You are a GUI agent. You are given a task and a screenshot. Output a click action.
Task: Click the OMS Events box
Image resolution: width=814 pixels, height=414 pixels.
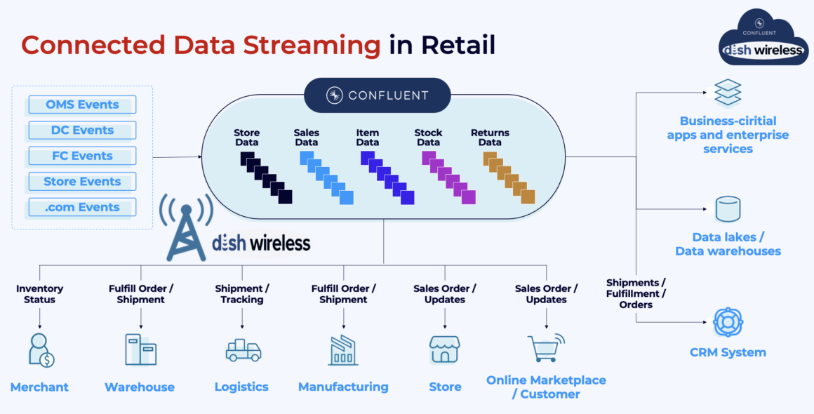click(x=82, y=105)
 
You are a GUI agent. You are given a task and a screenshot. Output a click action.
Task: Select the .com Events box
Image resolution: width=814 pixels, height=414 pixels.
click(x=82, y=207)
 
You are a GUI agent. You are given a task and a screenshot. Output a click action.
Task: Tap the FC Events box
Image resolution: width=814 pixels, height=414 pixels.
click(x=82, y=156)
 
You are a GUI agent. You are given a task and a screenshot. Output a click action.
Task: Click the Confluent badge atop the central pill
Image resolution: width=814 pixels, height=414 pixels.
click(x=377, y=95)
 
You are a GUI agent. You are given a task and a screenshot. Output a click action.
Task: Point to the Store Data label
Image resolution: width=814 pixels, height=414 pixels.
click(x=246, y=138)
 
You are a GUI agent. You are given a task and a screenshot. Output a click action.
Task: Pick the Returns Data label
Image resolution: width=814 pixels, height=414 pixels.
click(x=490, y=138)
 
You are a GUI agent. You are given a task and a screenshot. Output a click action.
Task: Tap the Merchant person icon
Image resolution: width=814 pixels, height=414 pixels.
click(x=41, y=350)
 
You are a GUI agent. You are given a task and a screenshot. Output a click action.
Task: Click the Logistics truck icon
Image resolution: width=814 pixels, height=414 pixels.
click(x=243, y=349)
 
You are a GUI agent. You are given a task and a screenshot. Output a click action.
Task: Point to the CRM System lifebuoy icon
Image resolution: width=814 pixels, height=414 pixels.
click(x=728, y=323)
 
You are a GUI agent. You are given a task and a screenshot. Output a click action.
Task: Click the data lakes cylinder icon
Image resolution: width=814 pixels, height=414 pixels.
click(x=728, y=209)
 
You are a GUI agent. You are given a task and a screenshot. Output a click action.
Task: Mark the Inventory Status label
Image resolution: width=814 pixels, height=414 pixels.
click(x=40, y=294)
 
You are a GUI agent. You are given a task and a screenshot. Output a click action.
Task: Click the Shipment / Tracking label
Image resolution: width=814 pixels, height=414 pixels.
click(x=242, y=294)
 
